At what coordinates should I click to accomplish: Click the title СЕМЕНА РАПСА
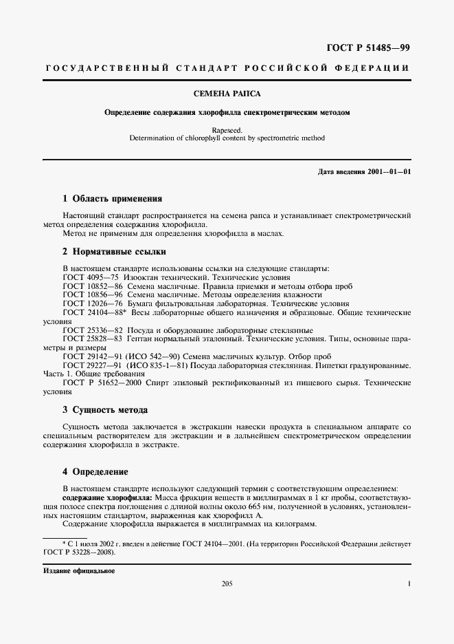tap(227, 93)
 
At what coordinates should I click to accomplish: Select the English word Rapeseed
tap(227, 129)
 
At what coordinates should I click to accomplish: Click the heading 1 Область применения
tap(112, 199)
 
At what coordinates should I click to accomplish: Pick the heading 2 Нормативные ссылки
tap(114, 252)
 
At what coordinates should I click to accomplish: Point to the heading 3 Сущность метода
tap(105, 410)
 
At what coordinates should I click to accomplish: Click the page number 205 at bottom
tap(227, 584)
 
